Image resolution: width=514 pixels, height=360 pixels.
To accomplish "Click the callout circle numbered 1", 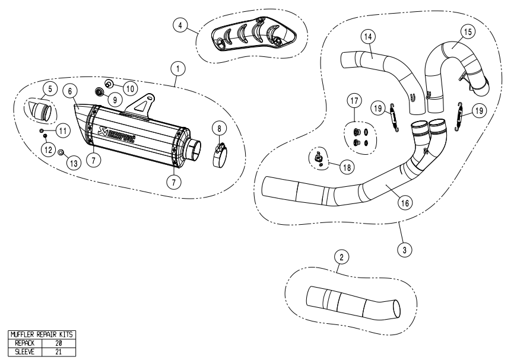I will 176,68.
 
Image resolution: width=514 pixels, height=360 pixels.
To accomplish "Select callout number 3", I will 404,250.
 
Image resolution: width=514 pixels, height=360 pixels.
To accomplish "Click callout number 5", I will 50,89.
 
